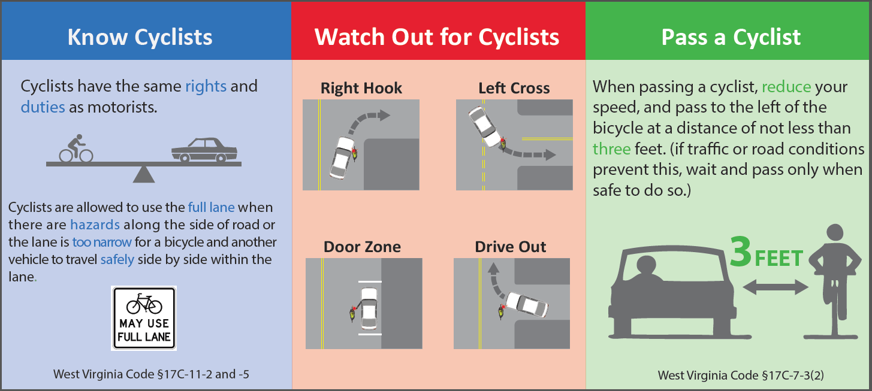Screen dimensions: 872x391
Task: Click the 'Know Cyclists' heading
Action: click(140, 37)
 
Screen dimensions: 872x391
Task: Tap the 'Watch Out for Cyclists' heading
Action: click(437, 37)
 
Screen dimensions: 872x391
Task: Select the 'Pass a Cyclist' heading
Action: click(731, 37)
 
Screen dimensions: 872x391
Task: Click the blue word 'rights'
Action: click(206, 86)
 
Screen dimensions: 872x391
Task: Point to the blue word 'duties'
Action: click(43, 107)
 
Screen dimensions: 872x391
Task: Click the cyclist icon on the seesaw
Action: click(76, 148)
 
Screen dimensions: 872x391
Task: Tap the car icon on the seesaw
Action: click(204, 150)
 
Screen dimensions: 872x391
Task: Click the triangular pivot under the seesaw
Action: click(144, 175)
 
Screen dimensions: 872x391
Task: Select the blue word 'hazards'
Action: click(95, 225)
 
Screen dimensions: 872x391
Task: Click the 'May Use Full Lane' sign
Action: click(144, 318)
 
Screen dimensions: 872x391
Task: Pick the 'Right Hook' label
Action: click(361, 88)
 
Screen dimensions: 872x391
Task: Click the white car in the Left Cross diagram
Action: click(485, 126)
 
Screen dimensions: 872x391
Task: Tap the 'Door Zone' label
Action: click(362, 247)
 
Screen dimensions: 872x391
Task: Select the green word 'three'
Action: click(611, 149)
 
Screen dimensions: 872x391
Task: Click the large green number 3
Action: click(740, 253)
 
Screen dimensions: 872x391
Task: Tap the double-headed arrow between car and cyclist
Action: click(776, 287)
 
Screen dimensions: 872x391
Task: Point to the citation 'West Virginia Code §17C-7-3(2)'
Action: click(741, 375)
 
